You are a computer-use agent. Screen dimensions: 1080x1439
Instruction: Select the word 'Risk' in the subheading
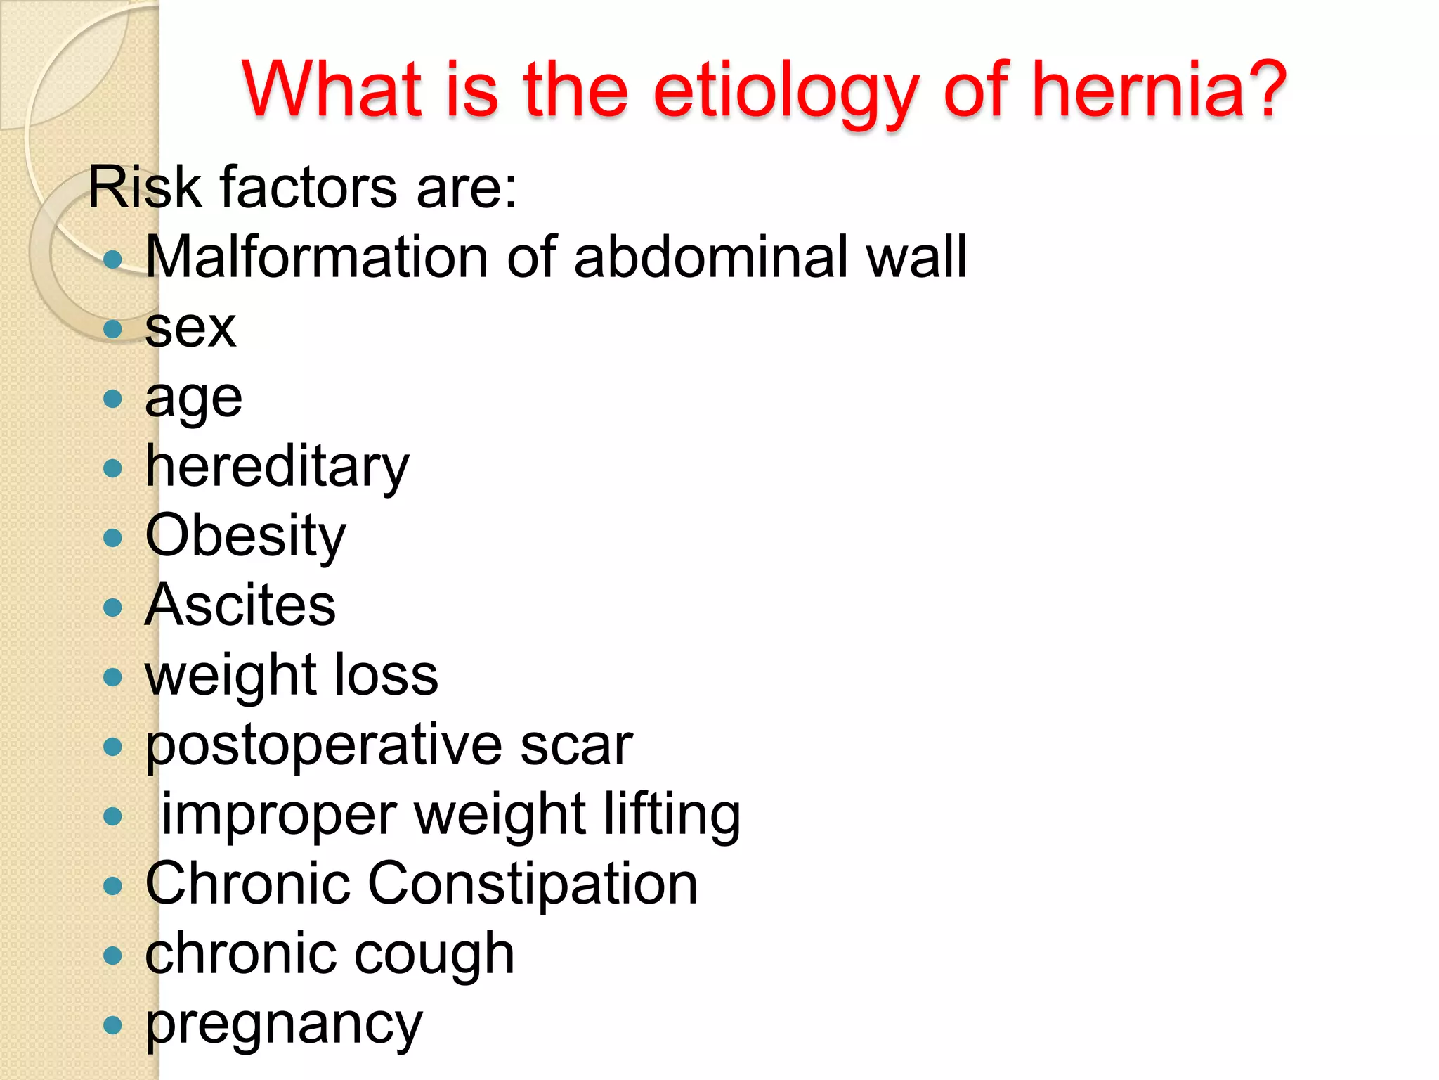[x=145, y=188]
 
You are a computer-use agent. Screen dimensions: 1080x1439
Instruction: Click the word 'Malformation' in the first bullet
[x=316, y=257]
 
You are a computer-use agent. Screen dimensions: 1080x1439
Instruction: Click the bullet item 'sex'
[x=190, y=328]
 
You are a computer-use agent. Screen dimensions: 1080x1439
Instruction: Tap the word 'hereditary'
[x=277, y=467]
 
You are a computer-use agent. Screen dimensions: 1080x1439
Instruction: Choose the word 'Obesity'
[x=245, y=536]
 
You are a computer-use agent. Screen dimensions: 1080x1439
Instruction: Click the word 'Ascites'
[x=240, y=605]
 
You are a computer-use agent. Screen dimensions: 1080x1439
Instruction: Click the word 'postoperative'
[x=323, y=745]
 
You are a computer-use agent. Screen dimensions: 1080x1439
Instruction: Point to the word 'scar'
[x=576, y=745]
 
